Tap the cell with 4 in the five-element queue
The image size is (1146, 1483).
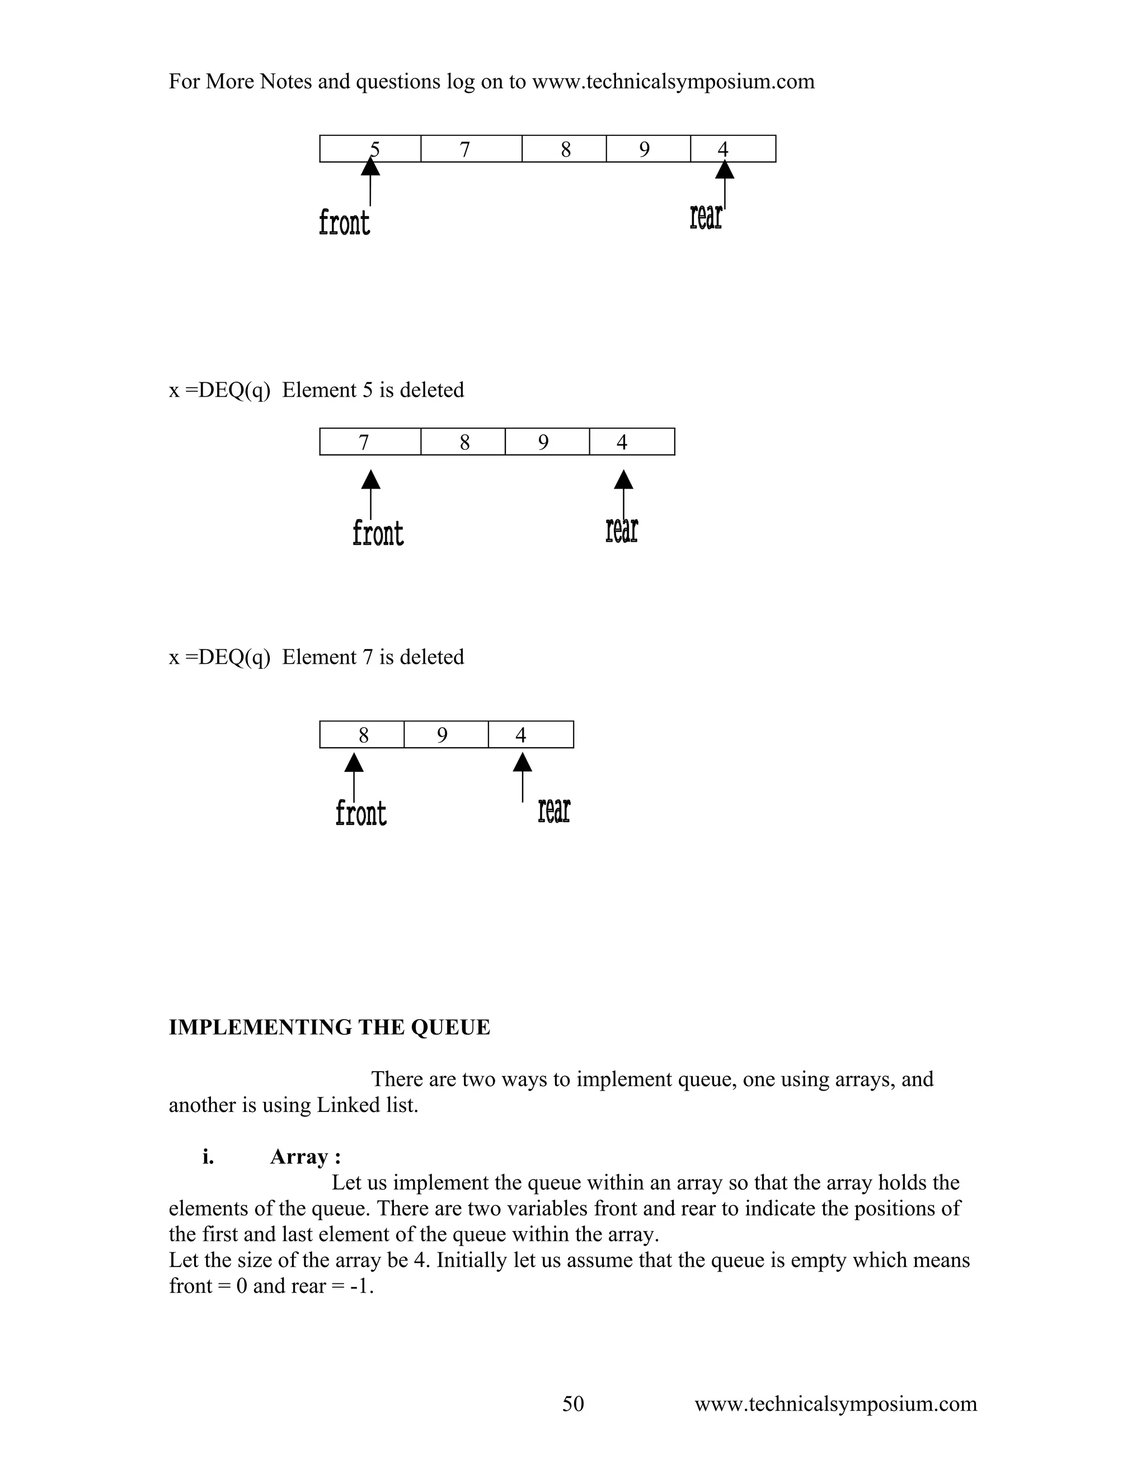pos(732,149)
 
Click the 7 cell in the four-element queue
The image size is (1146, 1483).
pos(370,442)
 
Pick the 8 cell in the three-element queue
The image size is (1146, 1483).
pos(362,735)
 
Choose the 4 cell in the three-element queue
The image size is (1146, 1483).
pos(530,735)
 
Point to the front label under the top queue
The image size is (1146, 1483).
pos(344,223)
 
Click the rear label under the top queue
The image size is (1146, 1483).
pos(706,217)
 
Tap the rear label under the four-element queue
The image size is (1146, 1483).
pos(621,531)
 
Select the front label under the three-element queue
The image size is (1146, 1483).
pos(360,813)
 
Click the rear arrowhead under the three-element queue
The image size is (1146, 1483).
pos(522,763)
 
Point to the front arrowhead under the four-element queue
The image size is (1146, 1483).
pos(370,480)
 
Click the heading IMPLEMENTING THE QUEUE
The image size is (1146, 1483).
pos(329,1027)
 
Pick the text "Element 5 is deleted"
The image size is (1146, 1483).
pos(373,391)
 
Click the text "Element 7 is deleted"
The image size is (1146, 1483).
pos(373,658)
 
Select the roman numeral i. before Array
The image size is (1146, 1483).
pos(208,1157)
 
